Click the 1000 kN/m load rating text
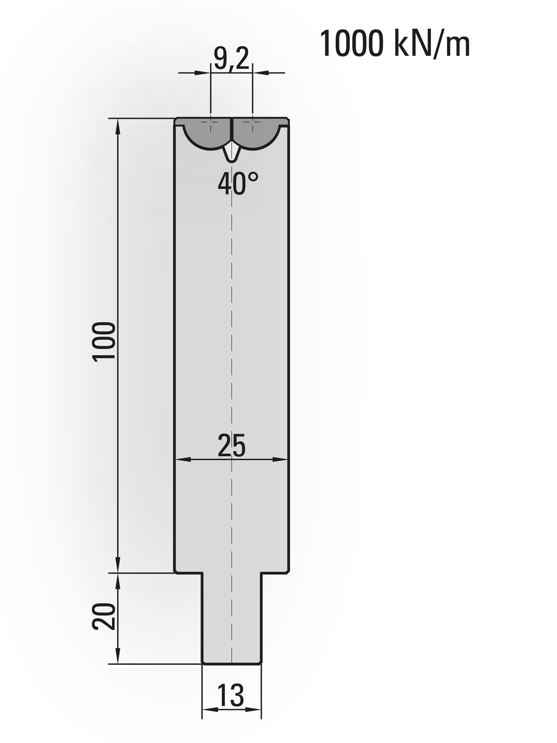pos(395,44)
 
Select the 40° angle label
pos(238,183)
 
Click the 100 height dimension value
pos(104,341)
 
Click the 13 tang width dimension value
pos(231,695)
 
